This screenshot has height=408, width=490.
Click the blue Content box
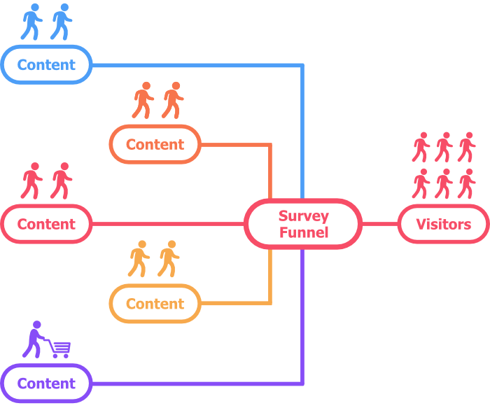pyautogui.click(x=46, y=65)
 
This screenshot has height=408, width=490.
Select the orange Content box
pyautogui.click(x=155, y=145)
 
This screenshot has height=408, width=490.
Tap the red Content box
pyautogui.click(x=46, y=225)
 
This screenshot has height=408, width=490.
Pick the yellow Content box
pyautogui.click(x=155, y=304)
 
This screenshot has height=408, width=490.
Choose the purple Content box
pyautogui.click(x=46, y=384)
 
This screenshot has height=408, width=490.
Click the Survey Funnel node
pyautogui.click(x=303, y=224)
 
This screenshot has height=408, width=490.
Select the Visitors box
pyautogui.click(x=443, y=225)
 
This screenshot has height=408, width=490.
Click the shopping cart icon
pyautogui.click(x=60, y=348)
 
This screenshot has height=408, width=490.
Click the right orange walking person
pyautogui.click(x=172, y=101)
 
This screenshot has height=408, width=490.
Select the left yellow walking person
pyautogui.click(x=139, y=259)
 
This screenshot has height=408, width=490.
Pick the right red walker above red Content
pyautogui.click(x=62, y=181)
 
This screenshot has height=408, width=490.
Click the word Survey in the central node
pyautogui.click(x=303, y=216)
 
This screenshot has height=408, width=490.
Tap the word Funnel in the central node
pyautogui.click(x=303, y=232)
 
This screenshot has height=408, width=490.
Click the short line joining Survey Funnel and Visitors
pyautogui.click(x=380, y=225)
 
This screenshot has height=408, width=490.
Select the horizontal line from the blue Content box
pyautogui.click(x=196, y=65)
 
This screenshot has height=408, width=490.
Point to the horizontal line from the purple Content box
pyautogui.click(x=196, y=384)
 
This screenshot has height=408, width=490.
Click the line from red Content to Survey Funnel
pyautogui.click(x=168, y=225)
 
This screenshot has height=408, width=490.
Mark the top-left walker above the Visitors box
pyautogui.click(x=420, y=147)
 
